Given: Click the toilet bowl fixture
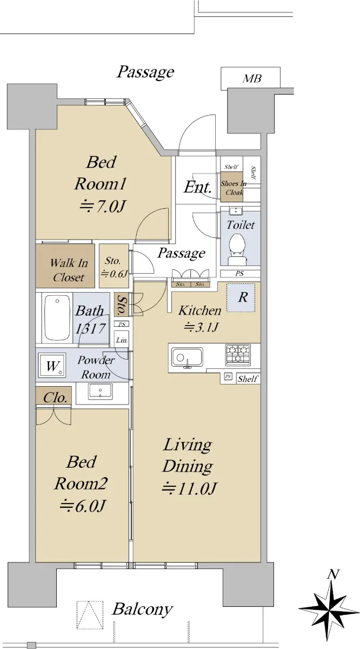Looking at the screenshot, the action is tap(237, 249).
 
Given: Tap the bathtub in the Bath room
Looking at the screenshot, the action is tap(57, 317).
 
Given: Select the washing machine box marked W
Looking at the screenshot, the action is tap(52, 365).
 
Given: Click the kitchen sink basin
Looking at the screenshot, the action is tap(187, 357).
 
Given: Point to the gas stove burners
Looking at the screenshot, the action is tap(238, 354).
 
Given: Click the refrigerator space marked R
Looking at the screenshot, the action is tap(241, 297).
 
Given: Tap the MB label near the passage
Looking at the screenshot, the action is tap(252, 78).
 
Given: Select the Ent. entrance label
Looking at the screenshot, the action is tap(197, 187).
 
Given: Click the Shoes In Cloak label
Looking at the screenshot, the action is tap(233, 188).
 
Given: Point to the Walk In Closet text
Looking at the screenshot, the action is tap(69, 270).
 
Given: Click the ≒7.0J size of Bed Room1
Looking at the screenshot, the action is tap(103, 206).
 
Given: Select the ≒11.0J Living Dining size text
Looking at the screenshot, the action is tap(189, 488).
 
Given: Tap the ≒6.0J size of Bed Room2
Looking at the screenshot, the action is tap(82, 506).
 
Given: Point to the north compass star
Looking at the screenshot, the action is tap(329, 611).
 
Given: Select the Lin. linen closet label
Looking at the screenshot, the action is tap(122, 340).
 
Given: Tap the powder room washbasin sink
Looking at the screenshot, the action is tap(100, 391).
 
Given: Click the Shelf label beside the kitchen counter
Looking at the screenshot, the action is tap(248, 379).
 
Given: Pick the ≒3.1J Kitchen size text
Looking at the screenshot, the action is tap(201, 327).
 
